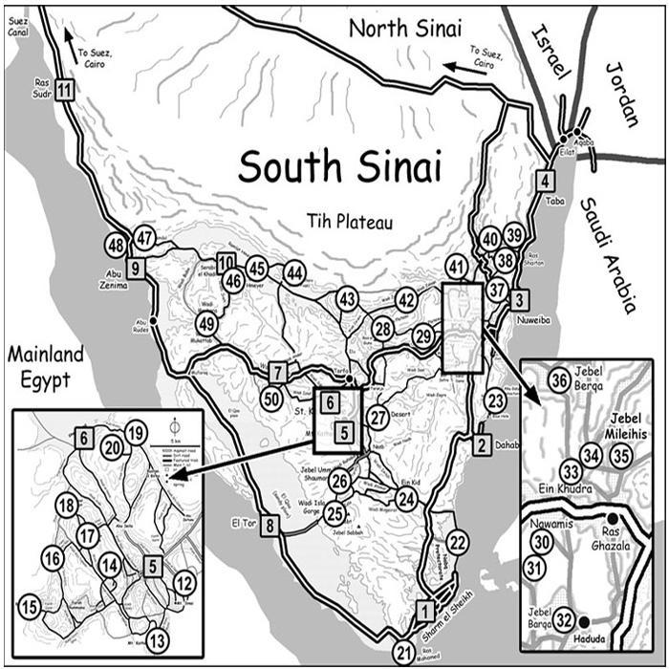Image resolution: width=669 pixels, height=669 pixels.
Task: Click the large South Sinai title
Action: click(339, 166)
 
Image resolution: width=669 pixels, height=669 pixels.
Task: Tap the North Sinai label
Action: click(404, 28)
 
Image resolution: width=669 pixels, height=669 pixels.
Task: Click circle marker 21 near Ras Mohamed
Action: click(404, 654)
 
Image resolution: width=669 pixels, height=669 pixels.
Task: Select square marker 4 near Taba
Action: click(545, 180)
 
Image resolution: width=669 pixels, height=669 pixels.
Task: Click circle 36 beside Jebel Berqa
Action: click(561, 380)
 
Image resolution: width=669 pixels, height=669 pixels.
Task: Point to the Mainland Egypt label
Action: click(45, 368)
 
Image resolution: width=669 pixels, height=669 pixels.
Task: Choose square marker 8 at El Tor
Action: click(271, 525)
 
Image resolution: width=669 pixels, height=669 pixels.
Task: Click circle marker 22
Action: click(458, 543)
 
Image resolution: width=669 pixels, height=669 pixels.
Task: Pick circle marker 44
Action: click(294, 273)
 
